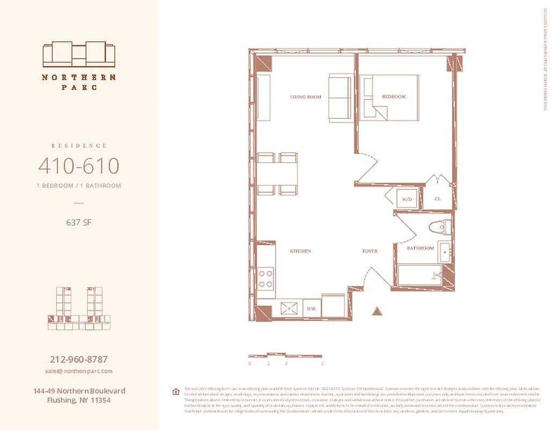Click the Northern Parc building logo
click(x=79, y=54)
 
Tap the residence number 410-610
click(x=78, y=167)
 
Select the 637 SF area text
click(x=78, y=222)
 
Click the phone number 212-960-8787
click(x=78, y=360)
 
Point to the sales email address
click(x=78, y=371)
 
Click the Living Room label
click(x=306, y=97)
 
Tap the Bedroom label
click(x=394, y=97)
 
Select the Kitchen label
click(x=301, y=251)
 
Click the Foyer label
click(x=370, y=251)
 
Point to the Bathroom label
click(x=420, y=248)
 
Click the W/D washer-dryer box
click(x=407, y=199)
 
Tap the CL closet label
click(x=438, y=199)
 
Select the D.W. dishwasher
click(x=311, y=309)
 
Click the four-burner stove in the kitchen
click(x=265, y=278)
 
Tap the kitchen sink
click(x=291, y=309)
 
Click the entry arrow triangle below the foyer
click(x=377, y=311)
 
